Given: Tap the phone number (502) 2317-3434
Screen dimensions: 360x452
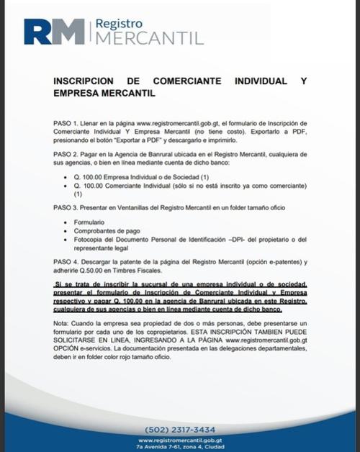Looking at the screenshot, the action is coord(179,429).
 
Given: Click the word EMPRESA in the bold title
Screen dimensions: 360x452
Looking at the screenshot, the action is coord(80,94).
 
